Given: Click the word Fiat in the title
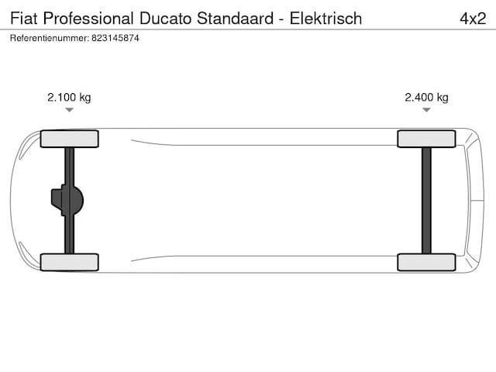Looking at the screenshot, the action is (24, 19).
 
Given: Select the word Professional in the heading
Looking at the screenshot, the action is (88, 19).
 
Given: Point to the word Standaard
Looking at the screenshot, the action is (235, 19).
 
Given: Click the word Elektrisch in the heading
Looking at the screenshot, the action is (325, 19).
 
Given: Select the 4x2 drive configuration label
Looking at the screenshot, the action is (473, 19).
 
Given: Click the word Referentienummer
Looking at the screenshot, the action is (50, 38).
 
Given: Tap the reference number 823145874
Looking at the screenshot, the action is (115, 38).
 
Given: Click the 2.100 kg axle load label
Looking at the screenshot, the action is (69, 98).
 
